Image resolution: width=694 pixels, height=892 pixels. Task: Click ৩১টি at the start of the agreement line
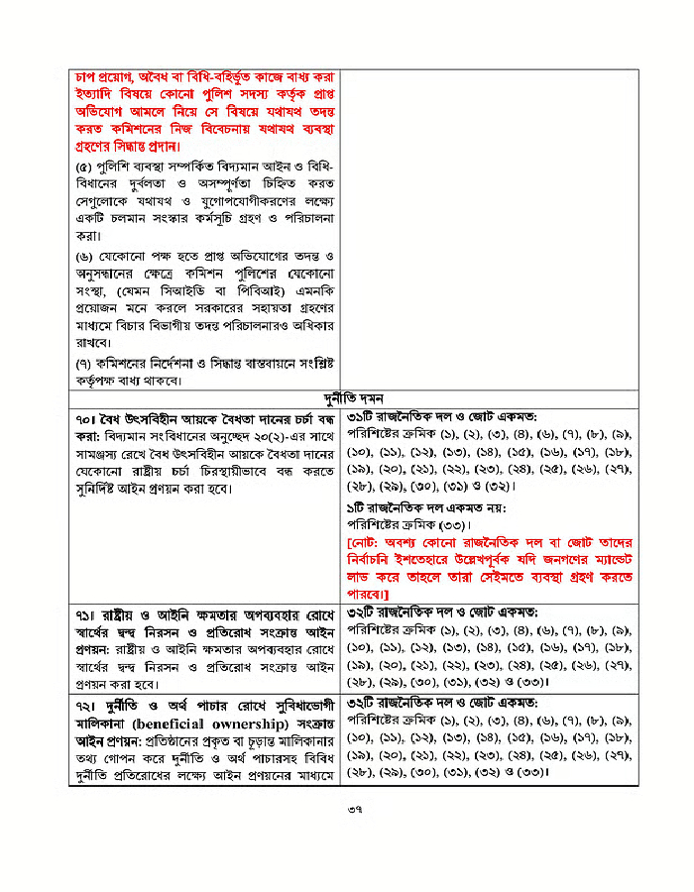[x=363, y=416]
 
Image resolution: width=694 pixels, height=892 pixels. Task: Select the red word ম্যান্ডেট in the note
[x=608, y=560]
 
